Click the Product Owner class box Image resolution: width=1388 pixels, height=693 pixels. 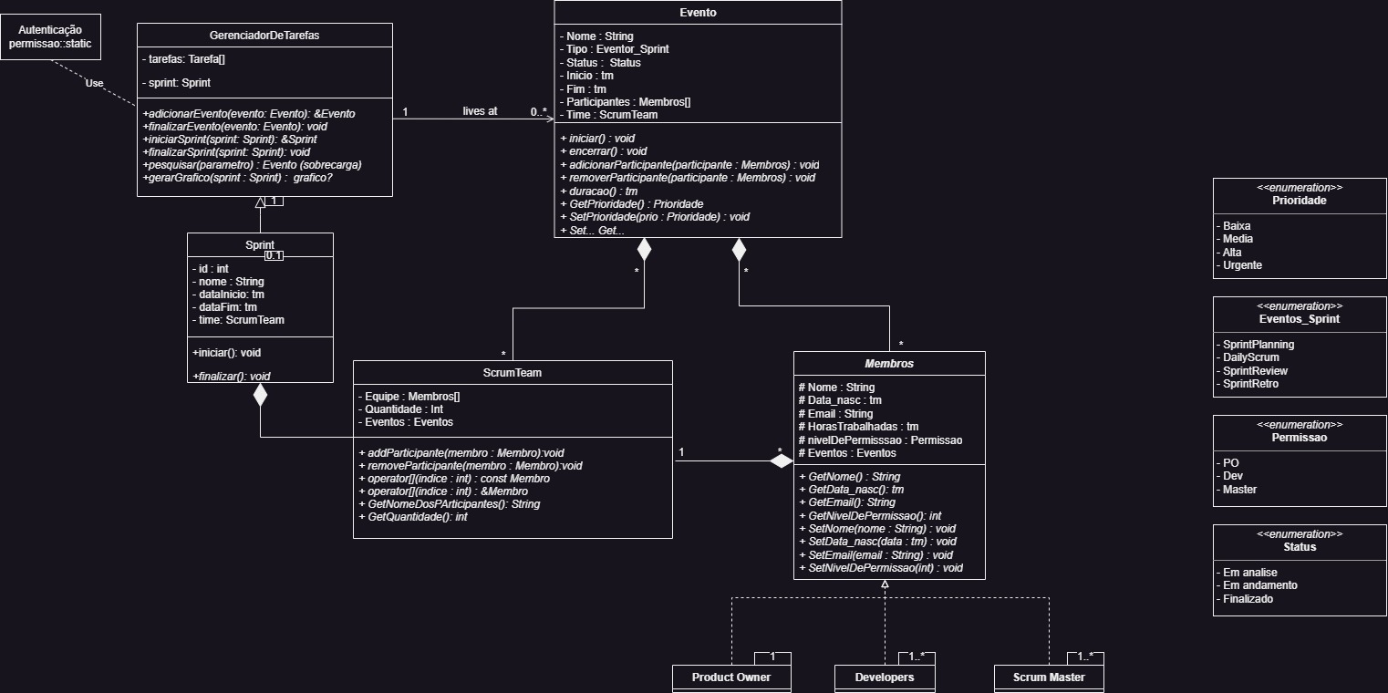click(x=730, y=677)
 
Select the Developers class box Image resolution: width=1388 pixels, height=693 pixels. click(x=884, y=677)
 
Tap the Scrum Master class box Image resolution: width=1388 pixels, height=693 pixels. click(x=1048, y=677)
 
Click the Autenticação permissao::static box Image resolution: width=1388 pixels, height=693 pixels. click(x=50, y=37)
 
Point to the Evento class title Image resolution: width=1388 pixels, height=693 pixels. click(x=698, y=13)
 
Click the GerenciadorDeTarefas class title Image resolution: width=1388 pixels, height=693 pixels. click(x=264, y=35)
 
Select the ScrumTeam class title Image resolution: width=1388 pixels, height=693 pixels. click(x=513, y=372)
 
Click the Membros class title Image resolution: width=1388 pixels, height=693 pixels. click(x=889, y=363)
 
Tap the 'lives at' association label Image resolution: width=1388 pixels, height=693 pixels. click(x=480, y=110)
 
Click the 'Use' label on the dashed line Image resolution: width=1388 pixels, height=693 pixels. click(x=94, y=83)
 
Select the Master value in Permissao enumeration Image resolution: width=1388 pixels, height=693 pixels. click(x=1239, y=490)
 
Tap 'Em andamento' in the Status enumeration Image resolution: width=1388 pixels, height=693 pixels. click(x=1259, y=585)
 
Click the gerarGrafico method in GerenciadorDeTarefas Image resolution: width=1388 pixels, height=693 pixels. click(x=237, y=179)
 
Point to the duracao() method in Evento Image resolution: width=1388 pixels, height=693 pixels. click(x=598, y=191)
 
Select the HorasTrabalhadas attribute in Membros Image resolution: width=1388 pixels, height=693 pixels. click(x=857, y=427)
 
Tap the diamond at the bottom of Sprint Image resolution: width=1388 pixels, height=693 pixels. click(x=261, y=394)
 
